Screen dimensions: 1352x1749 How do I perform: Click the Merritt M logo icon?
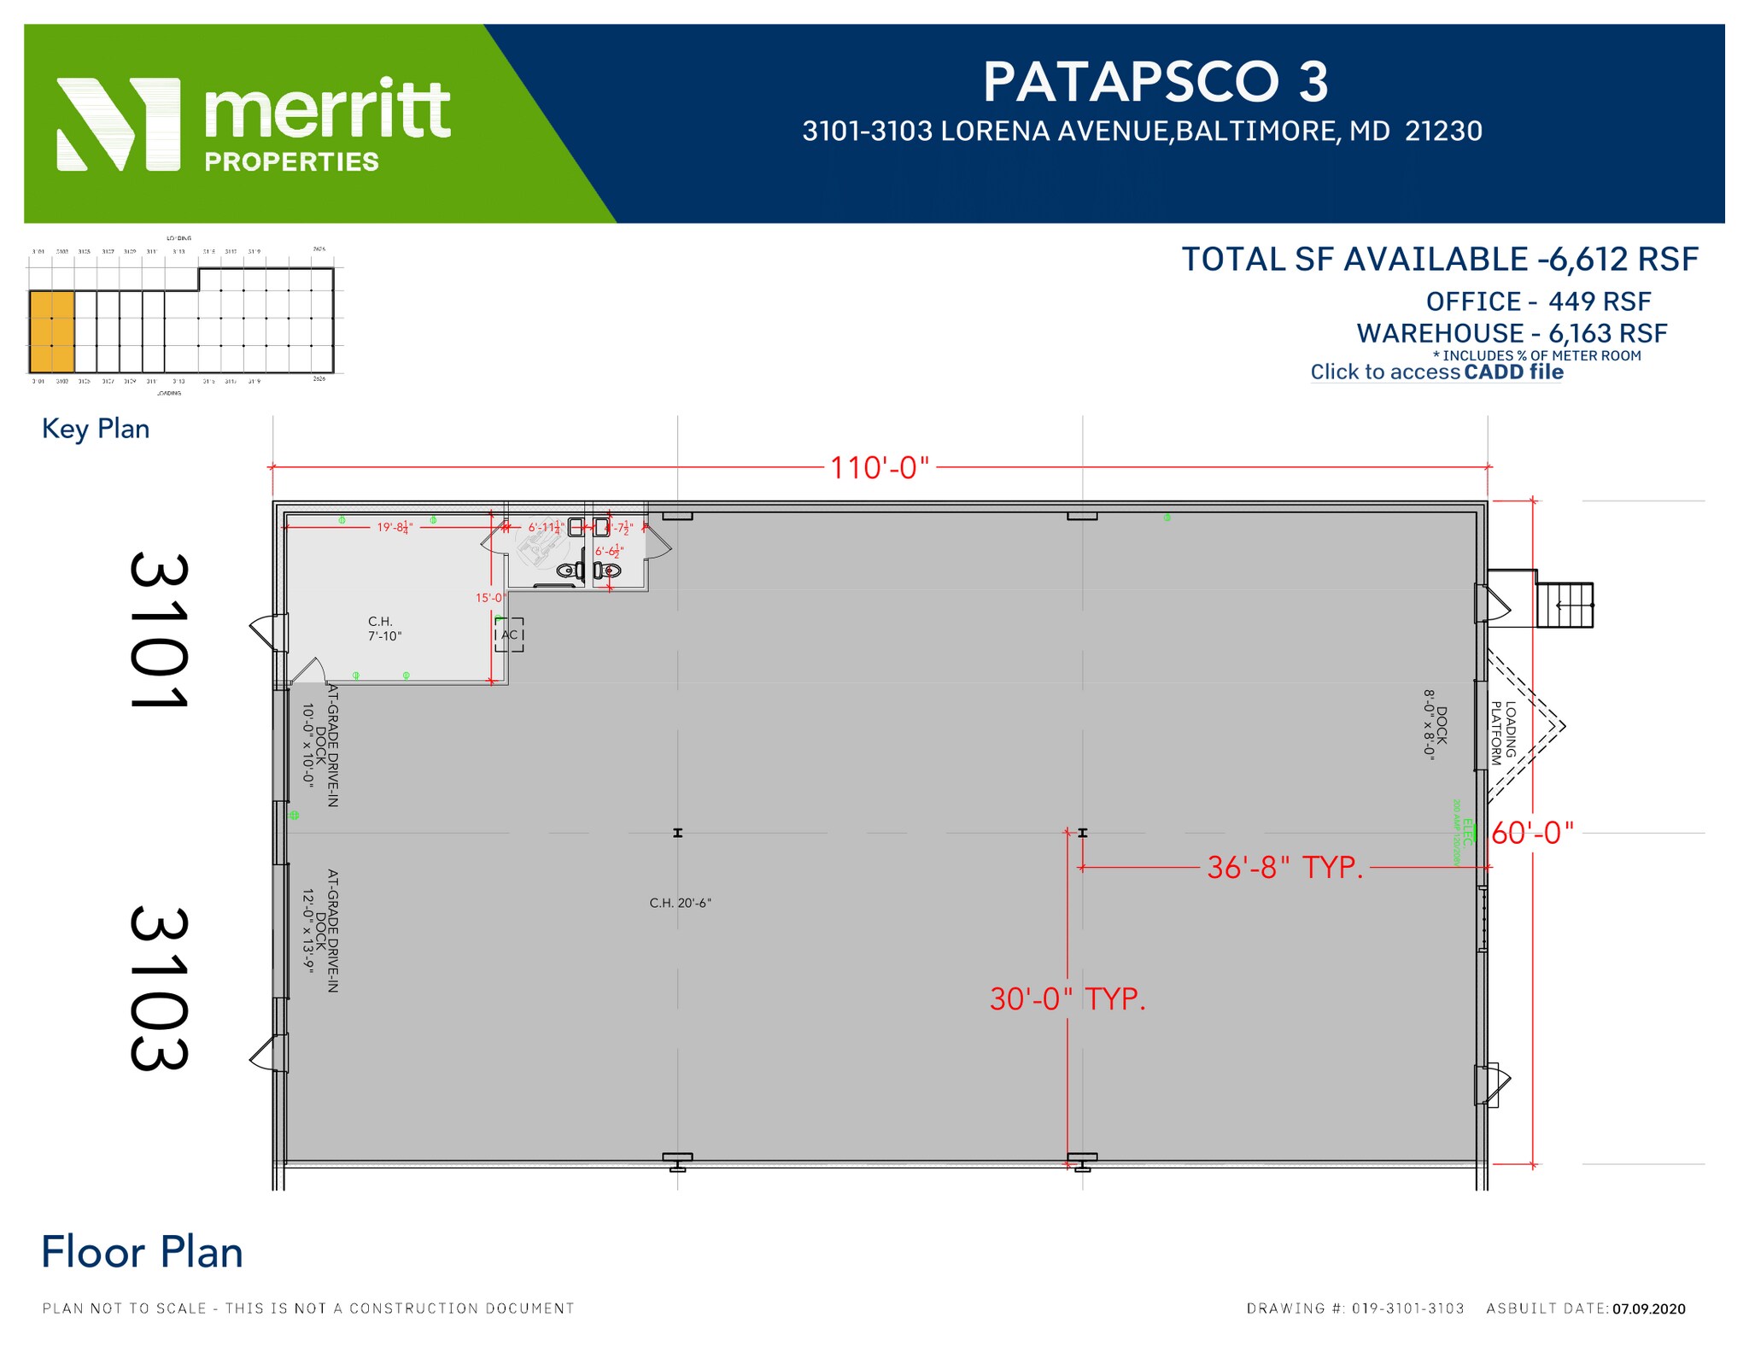coord(118,125)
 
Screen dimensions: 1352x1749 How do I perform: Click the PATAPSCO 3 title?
coord(1155,82)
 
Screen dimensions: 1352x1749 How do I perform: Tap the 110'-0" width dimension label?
coord(879,468)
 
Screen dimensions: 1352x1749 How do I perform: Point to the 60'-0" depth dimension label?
coord(1532,833)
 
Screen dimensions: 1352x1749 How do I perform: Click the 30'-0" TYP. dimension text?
coord(1067,998)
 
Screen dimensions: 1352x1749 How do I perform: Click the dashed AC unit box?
coord(509,635)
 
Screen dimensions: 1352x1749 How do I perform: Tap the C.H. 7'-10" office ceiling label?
coord(383,629)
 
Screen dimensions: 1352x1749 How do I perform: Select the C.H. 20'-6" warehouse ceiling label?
coord(680,903)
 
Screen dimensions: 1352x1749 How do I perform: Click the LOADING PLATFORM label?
coord(1503,733)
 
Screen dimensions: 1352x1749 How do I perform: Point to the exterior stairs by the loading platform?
coord(1565,605)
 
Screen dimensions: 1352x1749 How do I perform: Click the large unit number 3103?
coord(159,988)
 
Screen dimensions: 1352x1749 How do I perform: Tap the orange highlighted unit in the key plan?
coord(51,331)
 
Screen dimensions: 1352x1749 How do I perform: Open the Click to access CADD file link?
coord(1436,372)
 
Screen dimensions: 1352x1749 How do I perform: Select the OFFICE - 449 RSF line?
coord(1537,301)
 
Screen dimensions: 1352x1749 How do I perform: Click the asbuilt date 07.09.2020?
coord(1648,1308)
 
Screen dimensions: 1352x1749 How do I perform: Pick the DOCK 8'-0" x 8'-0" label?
coord(1435,724)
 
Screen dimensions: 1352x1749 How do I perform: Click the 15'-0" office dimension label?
coord(490,598)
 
